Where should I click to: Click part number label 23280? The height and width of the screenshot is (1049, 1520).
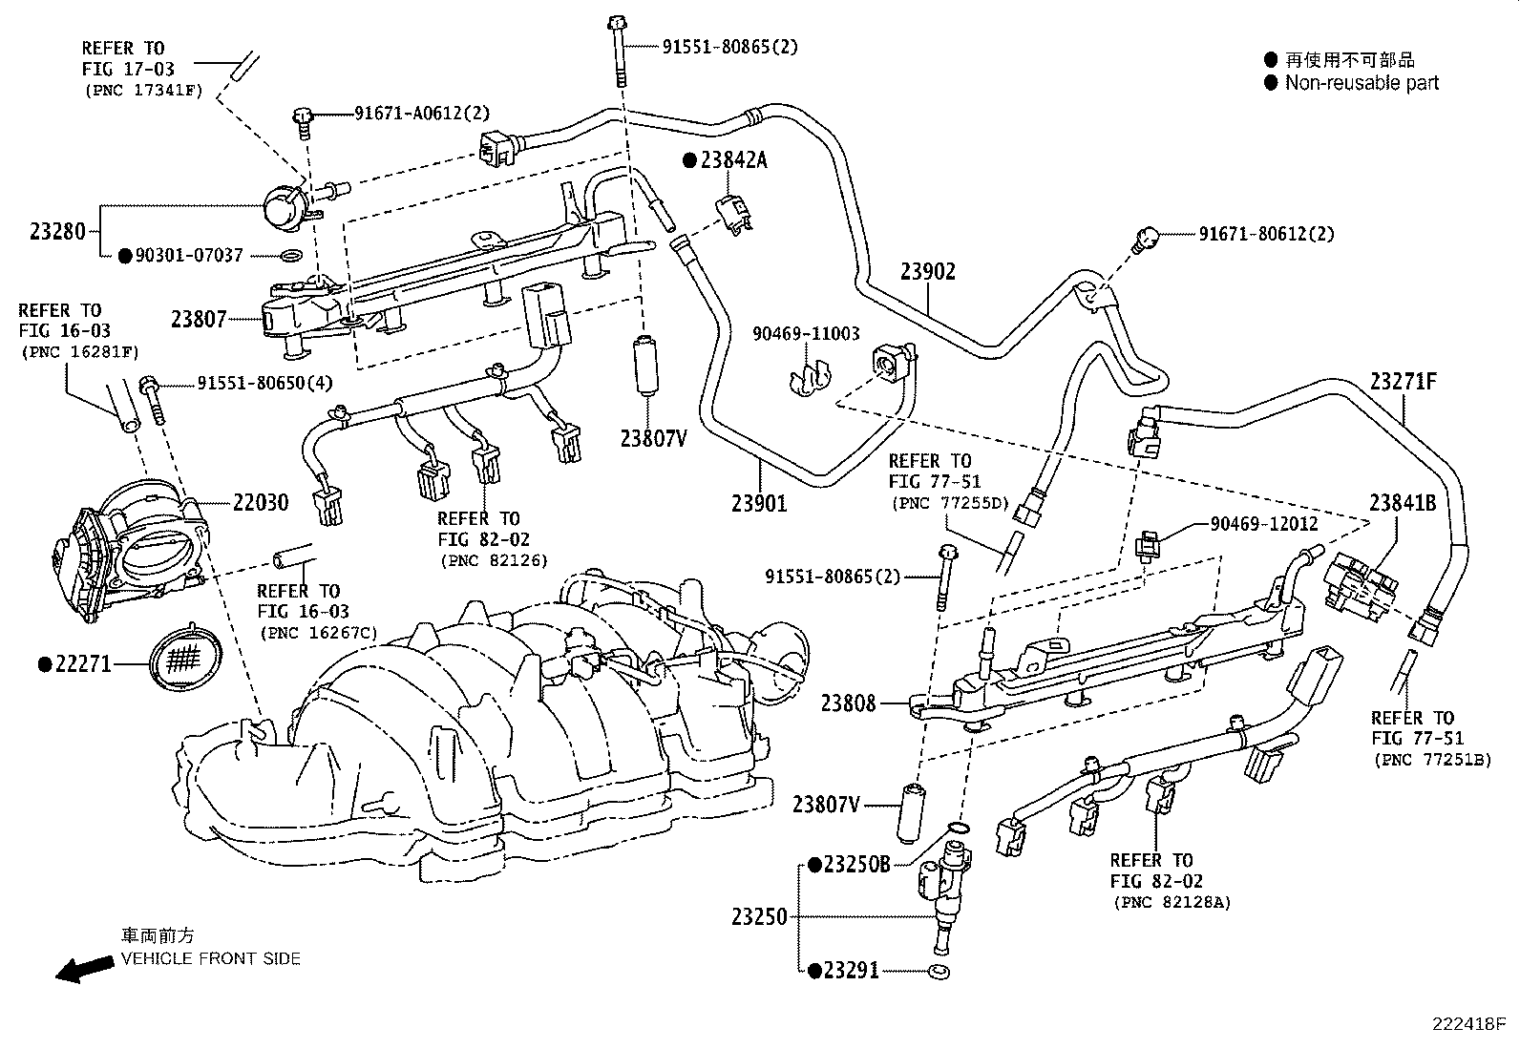[57, 231]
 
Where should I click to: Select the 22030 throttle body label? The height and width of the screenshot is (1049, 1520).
[260, 502]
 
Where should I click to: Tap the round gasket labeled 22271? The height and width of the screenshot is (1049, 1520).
[187, 659]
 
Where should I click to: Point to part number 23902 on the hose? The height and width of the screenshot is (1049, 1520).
[927, 272]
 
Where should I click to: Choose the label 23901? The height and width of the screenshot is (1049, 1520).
[760, 502]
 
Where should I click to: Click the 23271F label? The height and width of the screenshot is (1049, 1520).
[1404, 382]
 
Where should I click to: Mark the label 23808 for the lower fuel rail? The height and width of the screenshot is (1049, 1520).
[848, 704]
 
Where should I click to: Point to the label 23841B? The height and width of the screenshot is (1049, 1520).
[1402, 502]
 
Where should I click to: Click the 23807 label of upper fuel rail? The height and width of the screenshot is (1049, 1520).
[199, 319]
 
